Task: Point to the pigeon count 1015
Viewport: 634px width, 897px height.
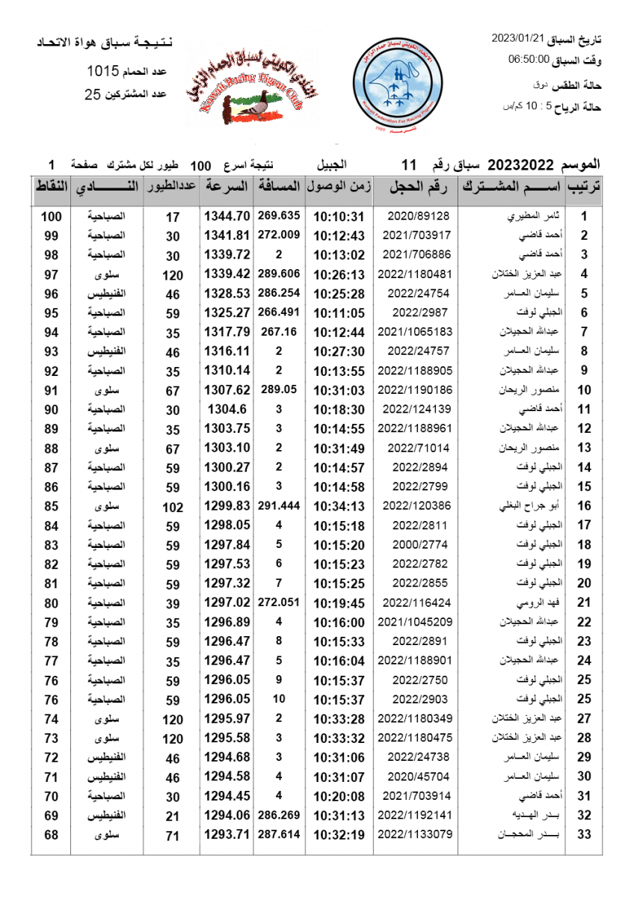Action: click(x=103, y=72)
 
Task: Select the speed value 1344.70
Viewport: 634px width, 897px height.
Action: click(x=226, y=216)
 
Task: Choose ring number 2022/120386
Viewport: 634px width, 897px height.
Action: click(x=416, y=505)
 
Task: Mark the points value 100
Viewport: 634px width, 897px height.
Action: click(x=51, y=216)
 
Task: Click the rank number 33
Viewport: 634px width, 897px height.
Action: click(x=585, y=834)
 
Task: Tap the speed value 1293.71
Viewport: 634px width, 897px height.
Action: click(x=226, y=834)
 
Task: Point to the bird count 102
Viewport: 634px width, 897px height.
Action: click(x=173, y=506)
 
